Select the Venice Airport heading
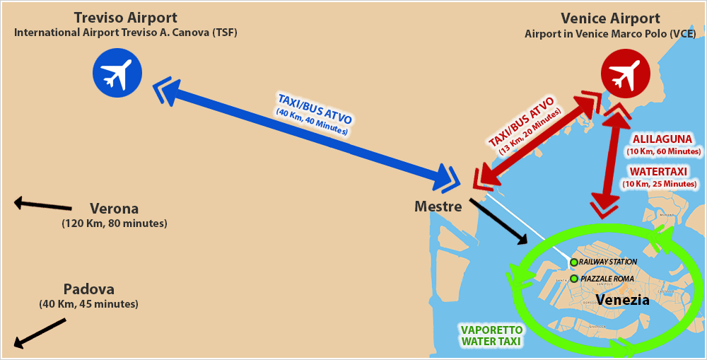click(610, 18)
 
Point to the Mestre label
click(438, 207)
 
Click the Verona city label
click(114, 209)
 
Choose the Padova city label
click(88, 289)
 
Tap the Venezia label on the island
click(622, 299)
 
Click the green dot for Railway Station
click(574, 262)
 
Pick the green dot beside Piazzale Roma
click(574, 279)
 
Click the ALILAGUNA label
click(663, 139)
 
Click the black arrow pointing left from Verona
click(43, 205)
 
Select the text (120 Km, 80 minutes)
click(114, 223)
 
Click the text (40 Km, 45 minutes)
click(88, 304)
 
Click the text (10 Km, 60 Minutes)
click(663, 151)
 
